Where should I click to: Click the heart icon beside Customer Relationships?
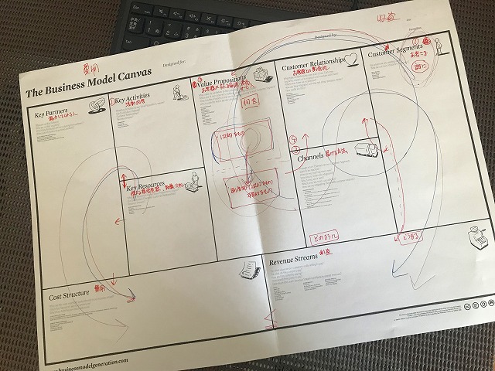[350, 59]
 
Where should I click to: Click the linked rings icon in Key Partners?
[98, 106]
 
